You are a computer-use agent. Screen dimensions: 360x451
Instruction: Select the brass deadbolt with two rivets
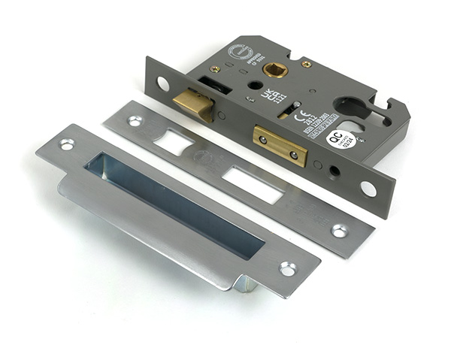(280, 145)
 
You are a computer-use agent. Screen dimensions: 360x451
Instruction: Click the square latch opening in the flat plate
(175, 141)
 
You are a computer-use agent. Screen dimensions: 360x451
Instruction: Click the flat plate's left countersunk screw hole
(135, 120)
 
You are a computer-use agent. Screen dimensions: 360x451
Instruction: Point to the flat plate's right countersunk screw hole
(340, 230)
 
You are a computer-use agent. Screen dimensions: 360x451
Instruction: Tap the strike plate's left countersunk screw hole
(68, 144)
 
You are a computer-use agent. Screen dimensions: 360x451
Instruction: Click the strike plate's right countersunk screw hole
(288, 268)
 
